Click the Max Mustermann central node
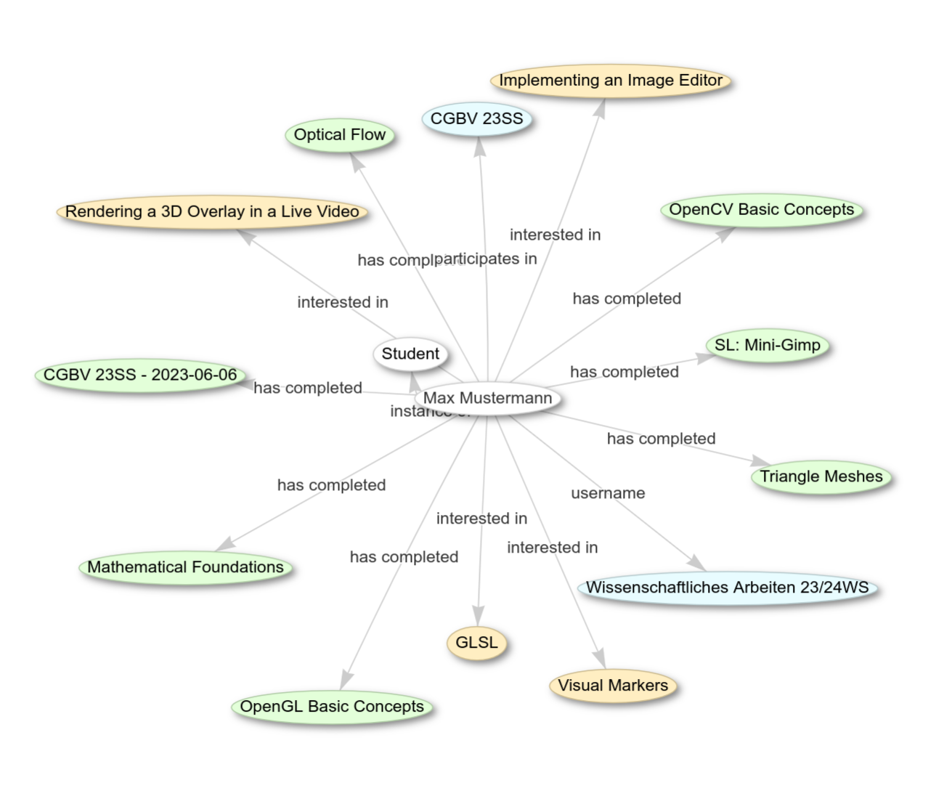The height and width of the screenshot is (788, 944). pos(487,398)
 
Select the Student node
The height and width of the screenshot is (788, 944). pos(410,354)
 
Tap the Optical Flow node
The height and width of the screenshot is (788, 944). pos(339,135)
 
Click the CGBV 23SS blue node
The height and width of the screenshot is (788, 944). pos(476,119)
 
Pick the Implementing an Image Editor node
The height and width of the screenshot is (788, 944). pos(610,81)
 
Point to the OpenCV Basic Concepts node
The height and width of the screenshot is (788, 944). pos(761,210)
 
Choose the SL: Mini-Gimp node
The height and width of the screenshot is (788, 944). pos(767,345)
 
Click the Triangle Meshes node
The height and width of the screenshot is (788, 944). pos(821,477)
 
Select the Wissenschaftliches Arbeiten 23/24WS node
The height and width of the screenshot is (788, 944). pos(727,588)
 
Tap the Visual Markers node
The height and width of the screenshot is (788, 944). pos(612,686)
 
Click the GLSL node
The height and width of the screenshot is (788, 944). pos(476,643)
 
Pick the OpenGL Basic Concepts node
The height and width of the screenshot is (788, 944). pos(332,707)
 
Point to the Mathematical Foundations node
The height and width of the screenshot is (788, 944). pos(185,567)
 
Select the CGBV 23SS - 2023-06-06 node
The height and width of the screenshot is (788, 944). pos(140,375)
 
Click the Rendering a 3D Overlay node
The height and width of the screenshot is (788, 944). pos(212,212)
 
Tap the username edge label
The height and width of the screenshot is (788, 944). pos(608,494)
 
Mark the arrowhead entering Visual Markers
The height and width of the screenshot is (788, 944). pos(599,657)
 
